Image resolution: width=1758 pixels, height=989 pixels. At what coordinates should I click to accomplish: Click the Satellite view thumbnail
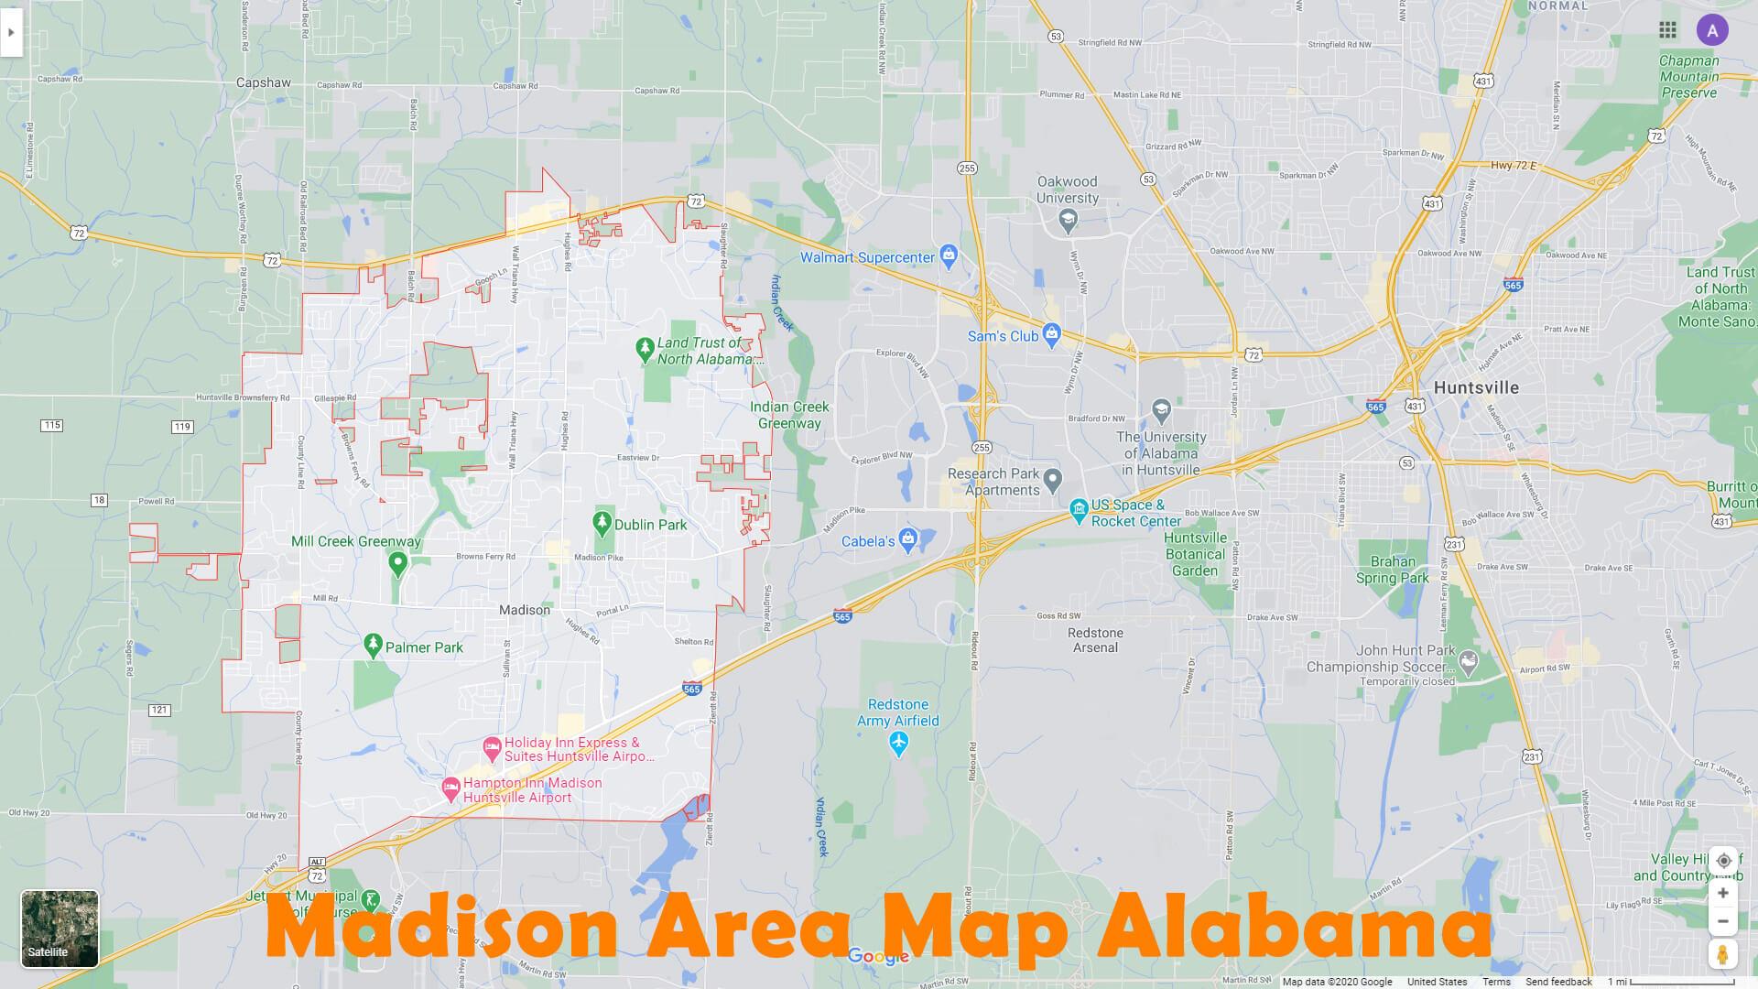tap(60, 929)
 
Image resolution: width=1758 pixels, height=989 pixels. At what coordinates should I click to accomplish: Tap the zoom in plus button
tap(1722, 893)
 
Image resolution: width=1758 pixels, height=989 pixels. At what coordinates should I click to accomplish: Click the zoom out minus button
tap(1722, 921)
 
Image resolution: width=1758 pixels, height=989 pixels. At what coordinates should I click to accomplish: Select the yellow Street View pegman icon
tap(1722, 954)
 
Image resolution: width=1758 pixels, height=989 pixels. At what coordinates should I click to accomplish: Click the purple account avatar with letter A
tap(1711, 30)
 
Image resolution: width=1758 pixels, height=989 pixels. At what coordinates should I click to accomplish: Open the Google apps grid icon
tap(1667, 30)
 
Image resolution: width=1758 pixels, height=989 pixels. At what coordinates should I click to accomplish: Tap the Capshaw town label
tap(264, 82)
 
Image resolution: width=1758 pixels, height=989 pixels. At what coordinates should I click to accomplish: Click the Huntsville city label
tap(1476, 387)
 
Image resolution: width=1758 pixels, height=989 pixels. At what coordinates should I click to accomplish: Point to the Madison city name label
tap(525, 610)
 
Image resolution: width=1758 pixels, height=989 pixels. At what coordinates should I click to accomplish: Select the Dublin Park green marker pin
tap(602, 523)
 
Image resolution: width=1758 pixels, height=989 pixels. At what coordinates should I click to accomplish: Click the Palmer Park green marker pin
tap(373, 646)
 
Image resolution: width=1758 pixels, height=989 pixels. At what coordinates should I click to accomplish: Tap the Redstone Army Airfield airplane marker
tap(898, 744)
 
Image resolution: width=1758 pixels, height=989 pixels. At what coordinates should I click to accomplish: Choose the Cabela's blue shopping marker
tap(908, 539)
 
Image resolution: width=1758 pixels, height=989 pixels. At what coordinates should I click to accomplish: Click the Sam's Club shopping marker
tap(1051, 335)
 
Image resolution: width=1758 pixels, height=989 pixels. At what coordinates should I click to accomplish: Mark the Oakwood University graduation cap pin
tap(1068, 219)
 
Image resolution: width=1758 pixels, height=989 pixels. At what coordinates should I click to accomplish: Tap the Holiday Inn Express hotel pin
tap(492, 749)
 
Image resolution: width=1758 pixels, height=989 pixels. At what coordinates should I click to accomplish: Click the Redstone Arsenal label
tap(1095, 640)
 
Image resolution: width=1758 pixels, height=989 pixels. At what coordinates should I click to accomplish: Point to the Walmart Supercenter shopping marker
tap(949, 255)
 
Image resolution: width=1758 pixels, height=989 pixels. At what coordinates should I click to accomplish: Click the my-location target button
tap(1722, 861)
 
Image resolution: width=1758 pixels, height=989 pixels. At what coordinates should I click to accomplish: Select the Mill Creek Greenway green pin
tap(397, 563)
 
